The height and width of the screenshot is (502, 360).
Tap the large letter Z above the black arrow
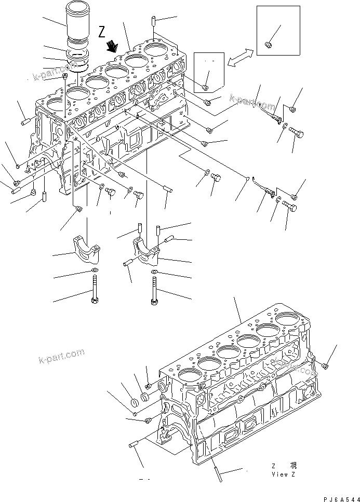pos(102,32)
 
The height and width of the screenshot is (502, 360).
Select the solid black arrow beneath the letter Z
pos(111,48)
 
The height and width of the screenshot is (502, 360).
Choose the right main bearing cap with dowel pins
pos(148,248)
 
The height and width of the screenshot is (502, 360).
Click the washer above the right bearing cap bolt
pos(155,273)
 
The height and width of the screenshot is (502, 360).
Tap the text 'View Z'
pos(283,474)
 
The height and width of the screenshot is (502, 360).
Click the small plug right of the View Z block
pos(325,367)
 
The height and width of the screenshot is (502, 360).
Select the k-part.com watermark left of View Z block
pos(61,357)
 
